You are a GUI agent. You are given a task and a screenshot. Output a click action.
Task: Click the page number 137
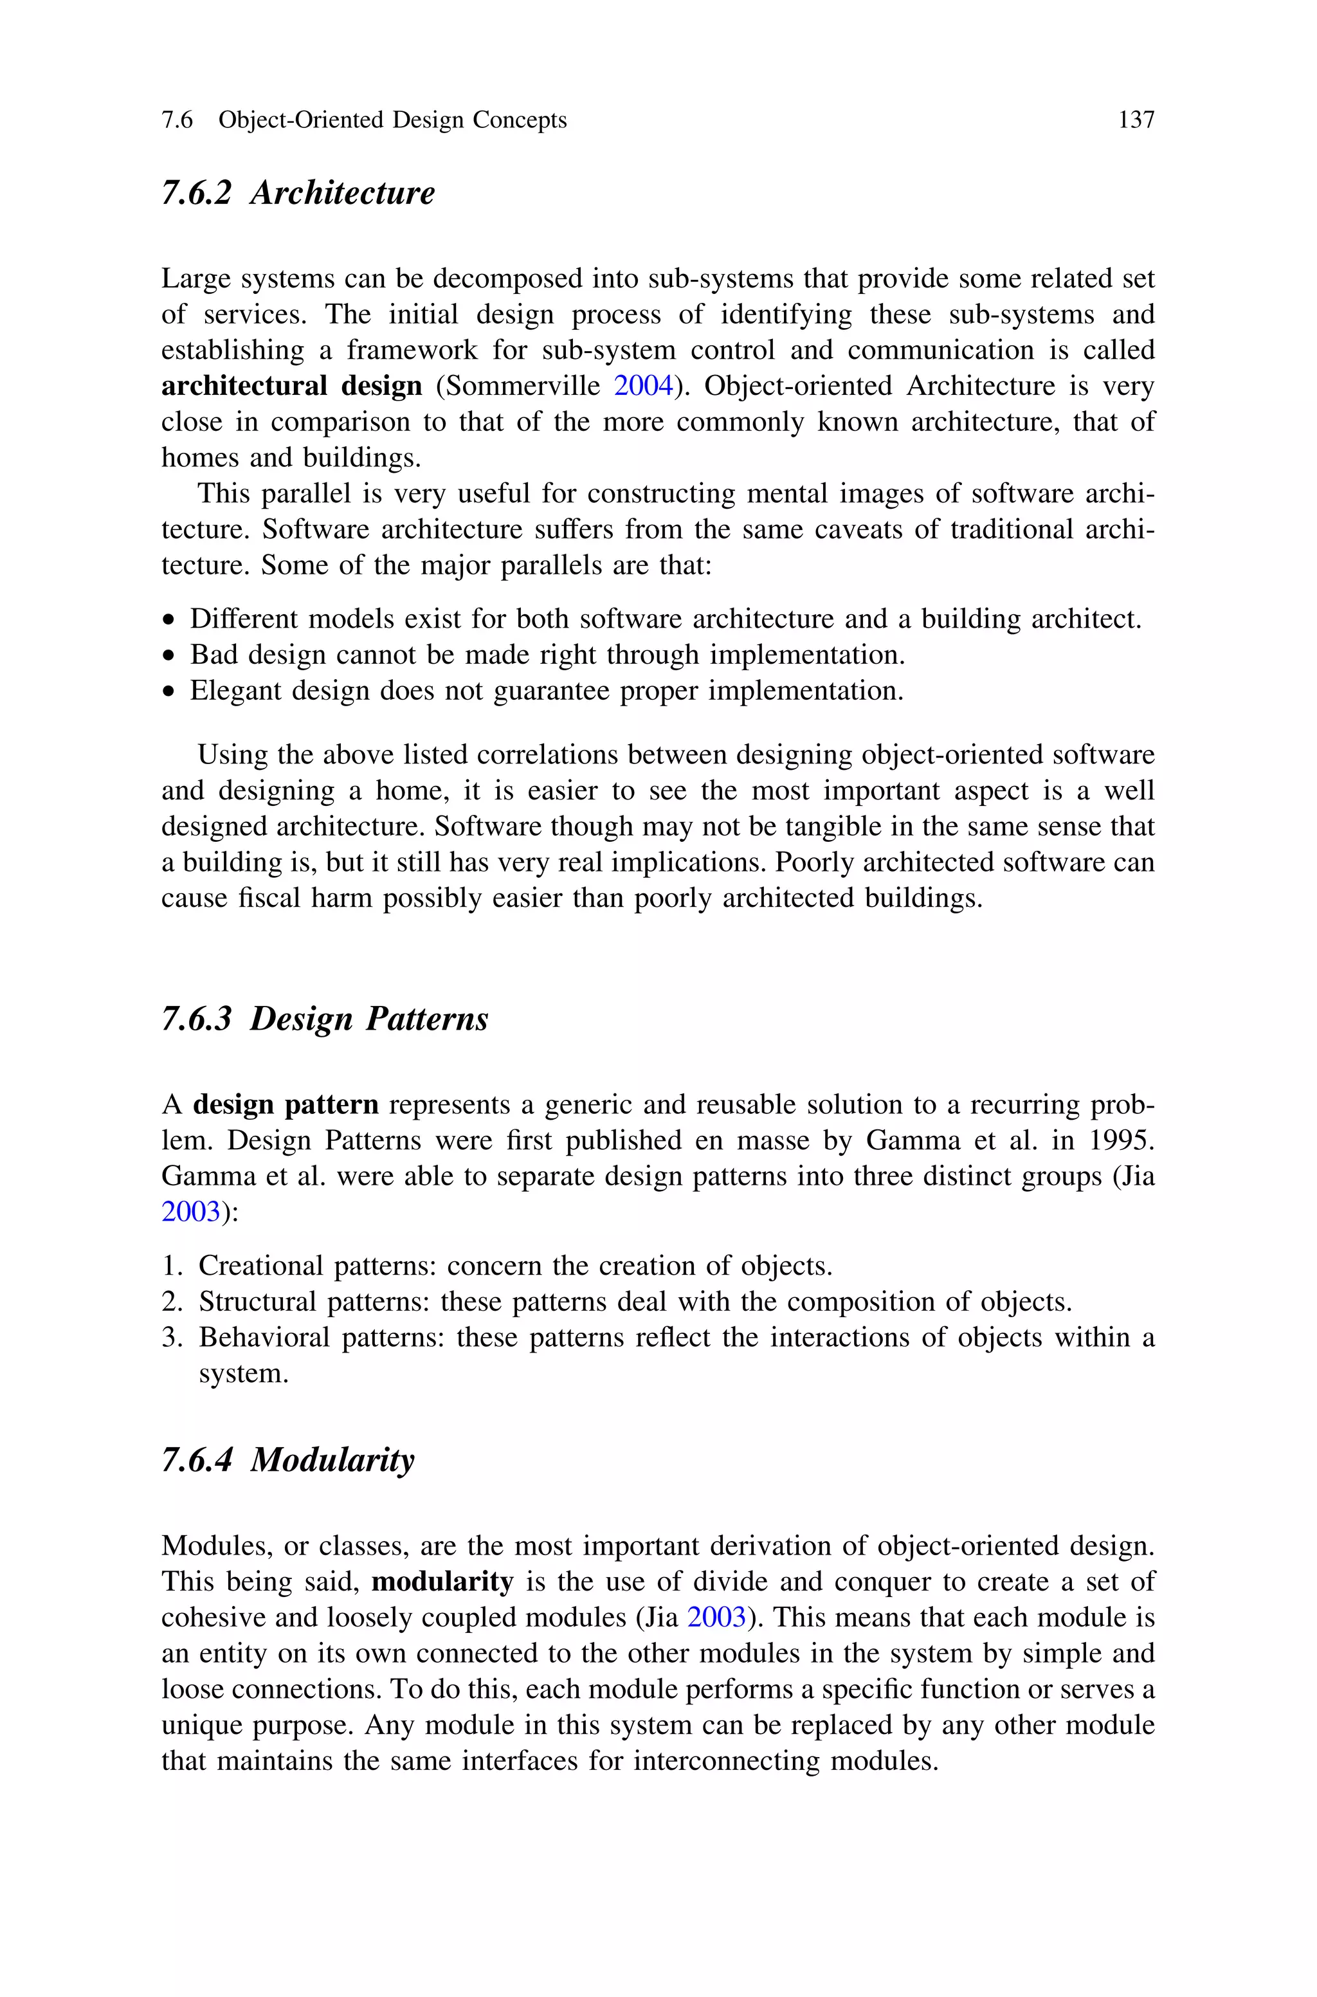1136,120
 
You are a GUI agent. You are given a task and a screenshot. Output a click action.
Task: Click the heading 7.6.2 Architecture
298,192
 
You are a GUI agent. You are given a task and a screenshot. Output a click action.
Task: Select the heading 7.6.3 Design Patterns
324,1019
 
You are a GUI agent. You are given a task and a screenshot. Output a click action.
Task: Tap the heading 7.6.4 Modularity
288,1459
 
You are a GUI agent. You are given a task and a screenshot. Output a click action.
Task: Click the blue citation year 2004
643,385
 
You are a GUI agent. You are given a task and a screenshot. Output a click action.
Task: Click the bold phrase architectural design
291,385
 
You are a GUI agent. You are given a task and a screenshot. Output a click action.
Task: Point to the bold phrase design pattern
286,1104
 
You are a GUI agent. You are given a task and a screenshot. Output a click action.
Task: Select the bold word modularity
442,1582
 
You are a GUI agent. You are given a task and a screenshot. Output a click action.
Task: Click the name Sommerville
522,385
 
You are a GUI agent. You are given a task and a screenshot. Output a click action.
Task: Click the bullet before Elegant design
170,692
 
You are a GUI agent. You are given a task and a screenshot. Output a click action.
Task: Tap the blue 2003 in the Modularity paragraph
716,1618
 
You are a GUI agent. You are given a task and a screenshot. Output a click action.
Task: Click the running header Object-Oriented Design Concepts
392,120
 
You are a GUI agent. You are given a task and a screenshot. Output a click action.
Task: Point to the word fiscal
269,898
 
